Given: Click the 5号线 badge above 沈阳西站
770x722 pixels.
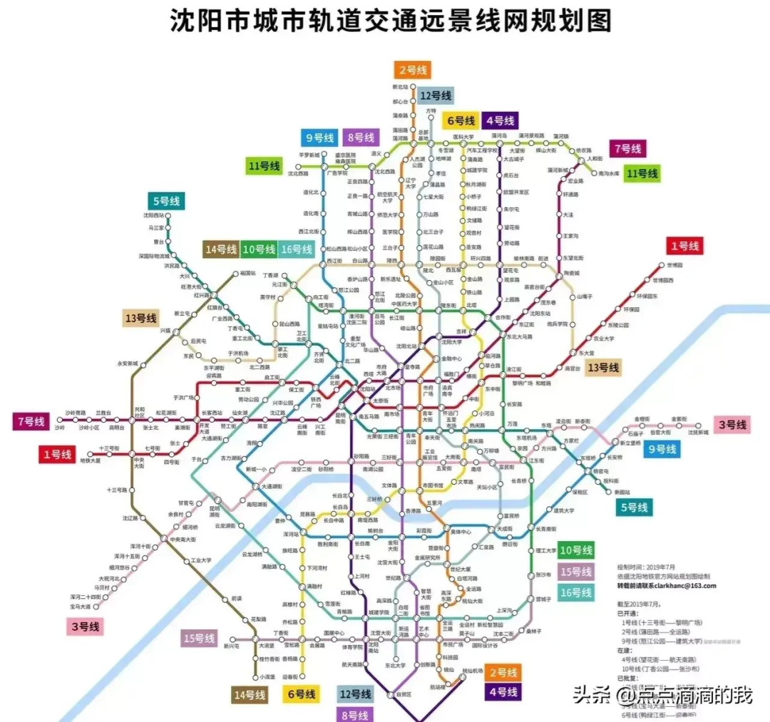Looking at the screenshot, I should pyautogui.click(x=165, y=202).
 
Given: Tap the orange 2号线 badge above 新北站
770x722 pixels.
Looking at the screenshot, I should pyautogui.click(x=413, y=70).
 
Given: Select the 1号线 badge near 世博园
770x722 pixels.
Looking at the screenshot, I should pyautogui.click(x=684, y=246).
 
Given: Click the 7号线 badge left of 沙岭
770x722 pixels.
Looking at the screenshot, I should pyautogui.click(x=30, y=421).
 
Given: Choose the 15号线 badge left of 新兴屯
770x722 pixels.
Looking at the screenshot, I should pyautogui.click(x=199, y=639).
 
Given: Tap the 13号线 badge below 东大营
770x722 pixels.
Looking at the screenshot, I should pyautogui.click(x=603, y=368).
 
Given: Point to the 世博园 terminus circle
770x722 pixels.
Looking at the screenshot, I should pyautogui.click(x=662, y=265).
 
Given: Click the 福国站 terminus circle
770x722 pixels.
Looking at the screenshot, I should pyautogui.click(x=235, y=273).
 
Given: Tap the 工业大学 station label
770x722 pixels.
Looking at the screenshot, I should pyautogui.click(x=200, y=561).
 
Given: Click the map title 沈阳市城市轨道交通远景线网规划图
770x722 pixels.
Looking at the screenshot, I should pyautogui.click(x=391, y=21).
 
